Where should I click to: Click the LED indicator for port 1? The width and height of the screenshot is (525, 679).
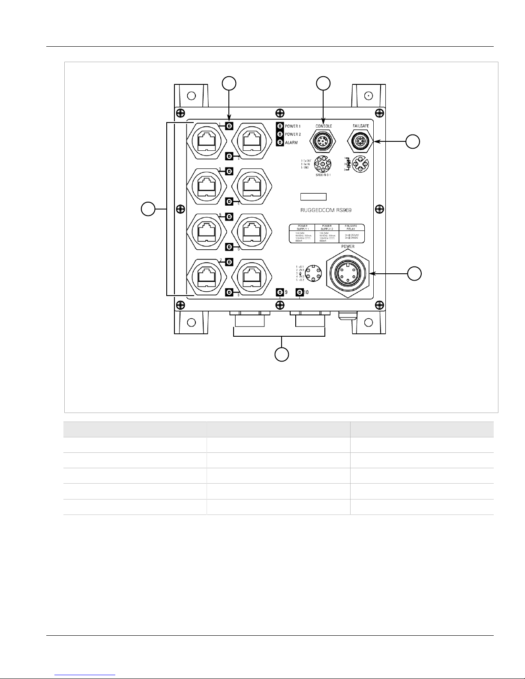(229, 126)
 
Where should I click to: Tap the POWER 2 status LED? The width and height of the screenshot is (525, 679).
(280, 134)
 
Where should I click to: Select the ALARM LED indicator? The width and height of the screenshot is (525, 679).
(280, 142)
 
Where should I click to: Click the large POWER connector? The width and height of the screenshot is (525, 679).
(348, 273)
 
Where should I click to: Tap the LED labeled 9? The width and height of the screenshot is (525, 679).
(279, 293)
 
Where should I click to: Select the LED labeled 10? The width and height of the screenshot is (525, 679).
(300, 293)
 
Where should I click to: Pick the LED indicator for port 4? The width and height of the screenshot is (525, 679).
(229, 201)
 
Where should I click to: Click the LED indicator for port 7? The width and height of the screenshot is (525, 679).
(229, 261)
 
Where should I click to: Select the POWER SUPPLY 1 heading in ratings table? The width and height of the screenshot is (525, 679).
(303, 227)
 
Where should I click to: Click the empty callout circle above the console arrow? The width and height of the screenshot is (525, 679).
(323, 83)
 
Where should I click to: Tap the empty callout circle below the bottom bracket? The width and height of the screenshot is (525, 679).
(281, 355)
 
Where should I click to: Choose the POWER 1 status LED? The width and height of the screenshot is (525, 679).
(280, 126)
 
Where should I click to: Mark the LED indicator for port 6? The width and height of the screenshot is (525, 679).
(229, 247)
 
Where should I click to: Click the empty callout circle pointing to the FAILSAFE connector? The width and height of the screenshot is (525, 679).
(413, 142)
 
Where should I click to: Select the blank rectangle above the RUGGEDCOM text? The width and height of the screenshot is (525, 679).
(313, 197)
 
